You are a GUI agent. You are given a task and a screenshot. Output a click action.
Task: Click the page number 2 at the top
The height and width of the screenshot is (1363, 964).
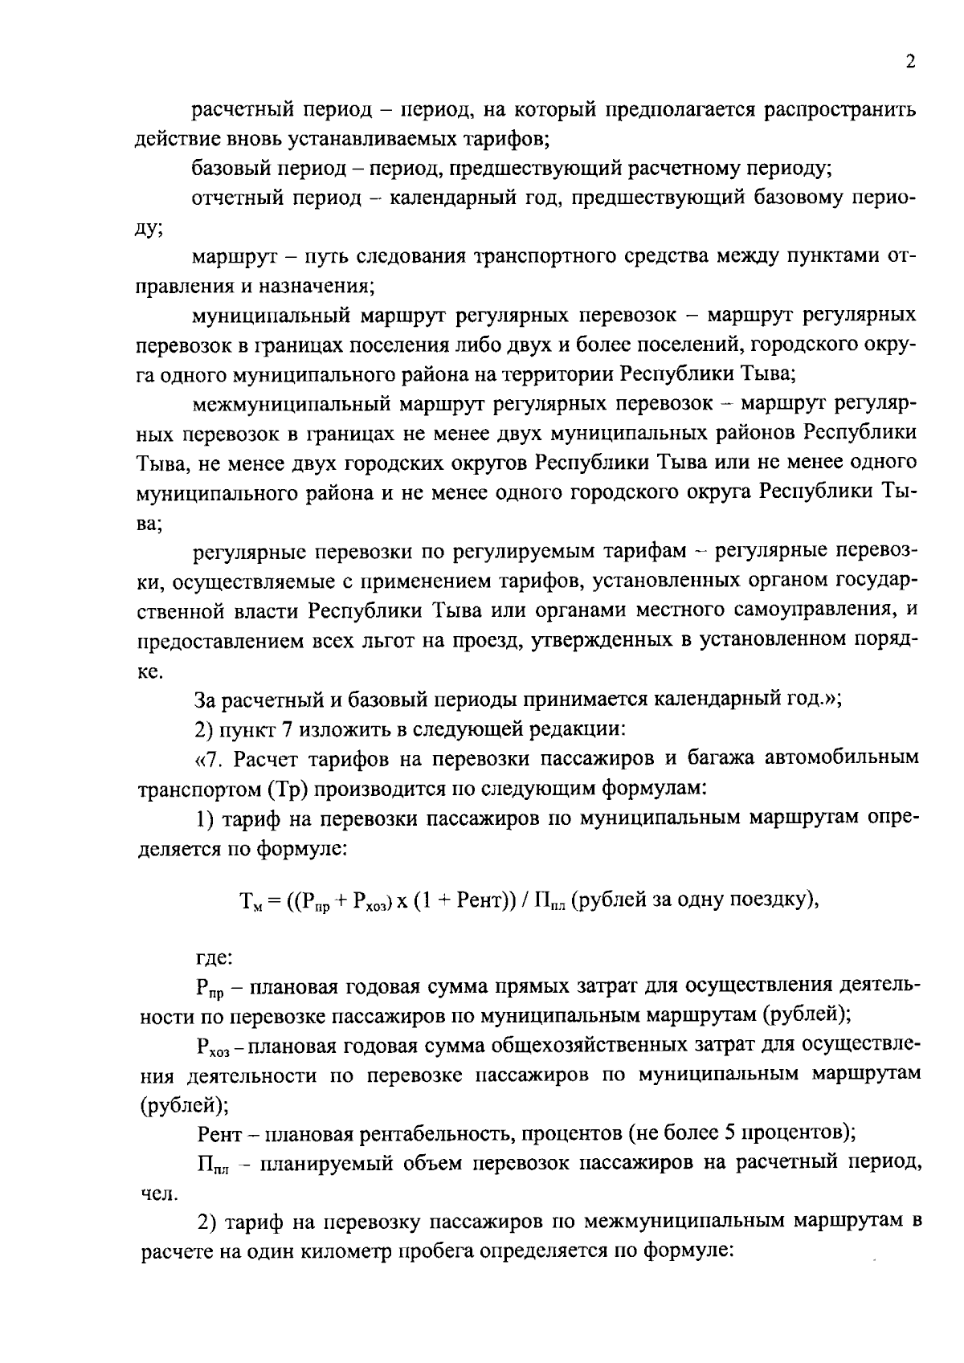(909, 63)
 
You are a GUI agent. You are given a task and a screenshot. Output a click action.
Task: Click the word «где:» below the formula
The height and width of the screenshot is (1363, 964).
(214, 958)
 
